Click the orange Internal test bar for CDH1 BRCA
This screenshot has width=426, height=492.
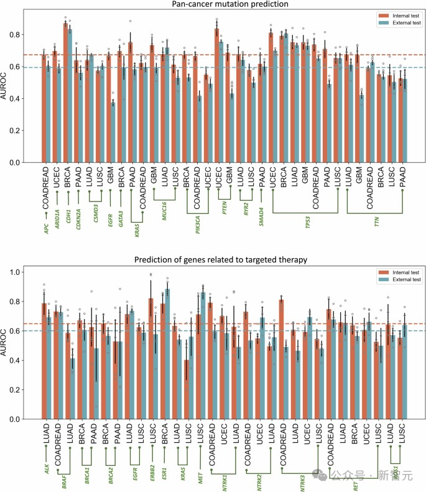[65, 93]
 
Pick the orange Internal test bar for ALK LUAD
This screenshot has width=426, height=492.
[44, 361]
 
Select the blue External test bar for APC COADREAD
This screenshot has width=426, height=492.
[49, 114]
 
